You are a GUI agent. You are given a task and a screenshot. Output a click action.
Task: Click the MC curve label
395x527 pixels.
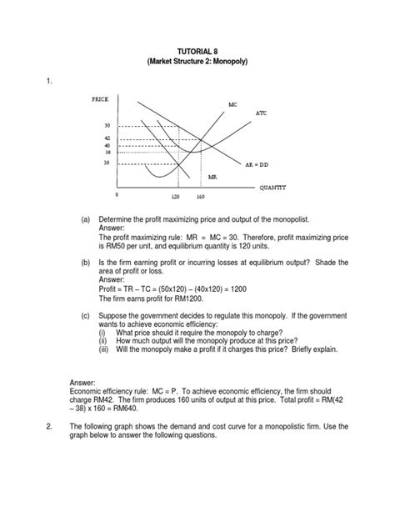[233, 104]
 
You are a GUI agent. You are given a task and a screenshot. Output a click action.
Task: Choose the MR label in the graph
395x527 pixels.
[213, 178]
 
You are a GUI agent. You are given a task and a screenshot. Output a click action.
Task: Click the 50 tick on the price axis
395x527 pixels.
[107, 125]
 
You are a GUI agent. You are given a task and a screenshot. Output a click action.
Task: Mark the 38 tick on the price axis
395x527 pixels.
[107, 152]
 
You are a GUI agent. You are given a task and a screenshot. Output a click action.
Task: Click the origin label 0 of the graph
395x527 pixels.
[117, 193]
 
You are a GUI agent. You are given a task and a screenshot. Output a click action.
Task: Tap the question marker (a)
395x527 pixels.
[85, 218]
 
